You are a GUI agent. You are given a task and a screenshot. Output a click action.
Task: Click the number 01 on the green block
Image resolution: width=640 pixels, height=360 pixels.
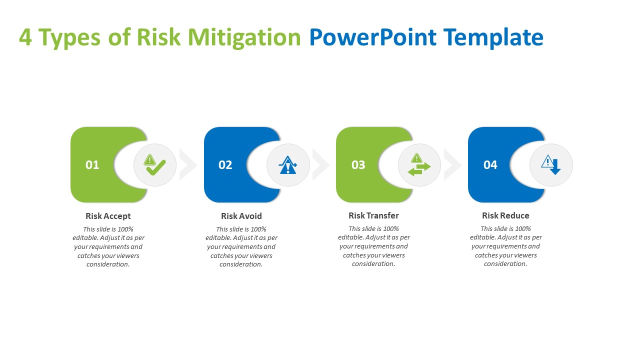pos(92,165)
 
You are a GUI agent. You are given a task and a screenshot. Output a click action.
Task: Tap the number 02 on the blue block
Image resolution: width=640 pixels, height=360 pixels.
pos(225,165)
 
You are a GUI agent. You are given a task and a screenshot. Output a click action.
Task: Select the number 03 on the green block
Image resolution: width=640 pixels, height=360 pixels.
pos(358,165)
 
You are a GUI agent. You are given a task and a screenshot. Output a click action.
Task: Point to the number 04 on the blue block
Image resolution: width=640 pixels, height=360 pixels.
pos(490,165)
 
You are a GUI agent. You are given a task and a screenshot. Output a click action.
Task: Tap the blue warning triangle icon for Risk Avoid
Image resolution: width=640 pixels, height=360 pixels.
pos(288,165)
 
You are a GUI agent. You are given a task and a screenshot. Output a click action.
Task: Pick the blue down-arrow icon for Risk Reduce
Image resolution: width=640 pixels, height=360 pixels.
pos(551,165)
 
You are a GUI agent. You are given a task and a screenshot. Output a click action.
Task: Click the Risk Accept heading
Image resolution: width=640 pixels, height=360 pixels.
pos(108,216)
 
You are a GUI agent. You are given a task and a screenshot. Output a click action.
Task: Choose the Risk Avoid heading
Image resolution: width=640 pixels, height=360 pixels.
pos(241,216)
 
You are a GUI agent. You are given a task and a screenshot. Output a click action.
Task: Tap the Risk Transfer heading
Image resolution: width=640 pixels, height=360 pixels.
pos(373,215)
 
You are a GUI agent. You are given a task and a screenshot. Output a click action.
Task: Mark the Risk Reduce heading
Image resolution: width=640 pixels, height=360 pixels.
pos(505,215)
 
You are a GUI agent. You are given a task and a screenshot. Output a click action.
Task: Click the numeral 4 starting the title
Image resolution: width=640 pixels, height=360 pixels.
pos(25,37)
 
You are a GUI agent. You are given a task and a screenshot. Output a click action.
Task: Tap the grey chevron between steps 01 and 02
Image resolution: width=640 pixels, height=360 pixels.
pos(188,164)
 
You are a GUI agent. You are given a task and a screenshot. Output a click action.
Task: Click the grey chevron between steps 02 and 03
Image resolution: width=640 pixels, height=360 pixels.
pos(321,164)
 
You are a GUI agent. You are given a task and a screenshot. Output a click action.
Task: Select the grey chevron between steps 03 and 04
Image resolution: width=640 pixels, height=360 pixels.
pos(452,164)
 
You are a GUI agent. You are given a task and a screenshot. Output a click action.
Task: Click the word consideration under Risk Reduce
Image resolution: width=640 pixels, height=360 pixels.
pos(505,264)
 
